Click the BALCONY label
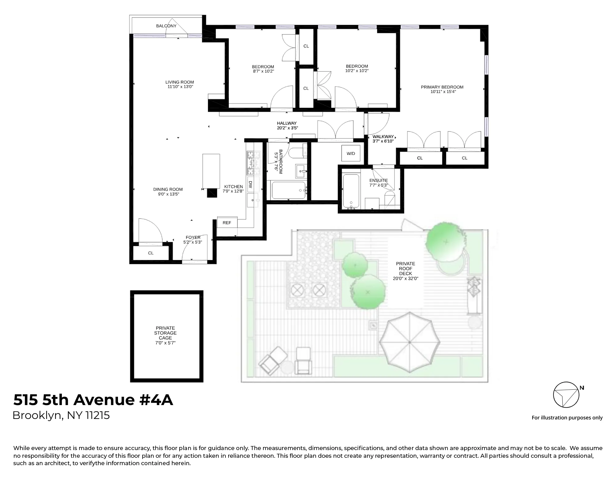(x=166, y=26)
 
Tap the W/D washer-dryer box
(x=351, y=153)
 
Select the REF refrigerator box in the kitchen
(x=227, y=223)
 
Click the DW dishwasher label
(x=250, y=185)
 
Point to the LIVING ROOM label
(x=180, y=82)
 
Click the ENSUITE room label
(x=379, y=181)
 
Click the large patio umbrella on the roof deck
(x=409, y=342)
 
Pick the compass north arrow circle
(x=566, y=395)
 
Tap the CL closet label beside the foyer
(x=151, y=253)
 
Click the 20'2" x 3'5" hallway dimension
(x=287, y=128)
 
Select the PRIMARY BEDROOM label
(x=442, y=87)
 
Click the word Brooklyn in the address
(x=37, y=416)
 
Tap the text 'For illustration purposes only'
(x=567, y=418)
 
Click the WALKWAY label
(x=383, y=137)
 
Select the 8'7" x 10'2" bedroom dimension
(x=263, y=71)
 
